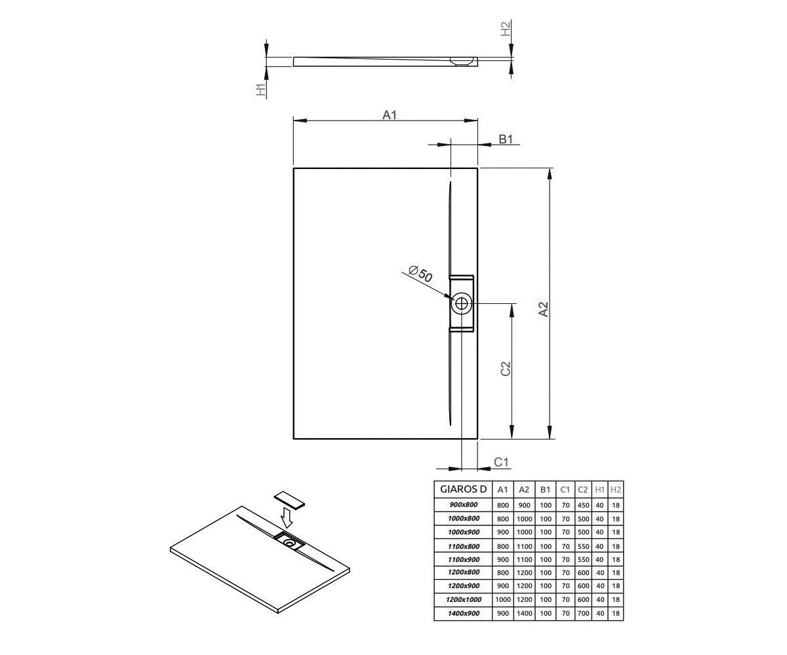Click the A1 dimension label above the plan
point(390,115)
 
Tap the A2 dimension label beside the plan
point(543,309)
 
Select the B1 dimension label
point(506,140)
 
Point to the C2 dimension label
point(505,369)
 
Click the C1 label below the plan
point(501,462)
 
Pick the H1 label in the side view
point(261,90)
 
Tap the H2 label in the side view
point(506,29)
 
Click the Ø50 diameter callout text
point(420,274)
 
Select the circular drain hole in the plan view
point(461,303)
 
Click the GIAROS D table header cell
point(463,489)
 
